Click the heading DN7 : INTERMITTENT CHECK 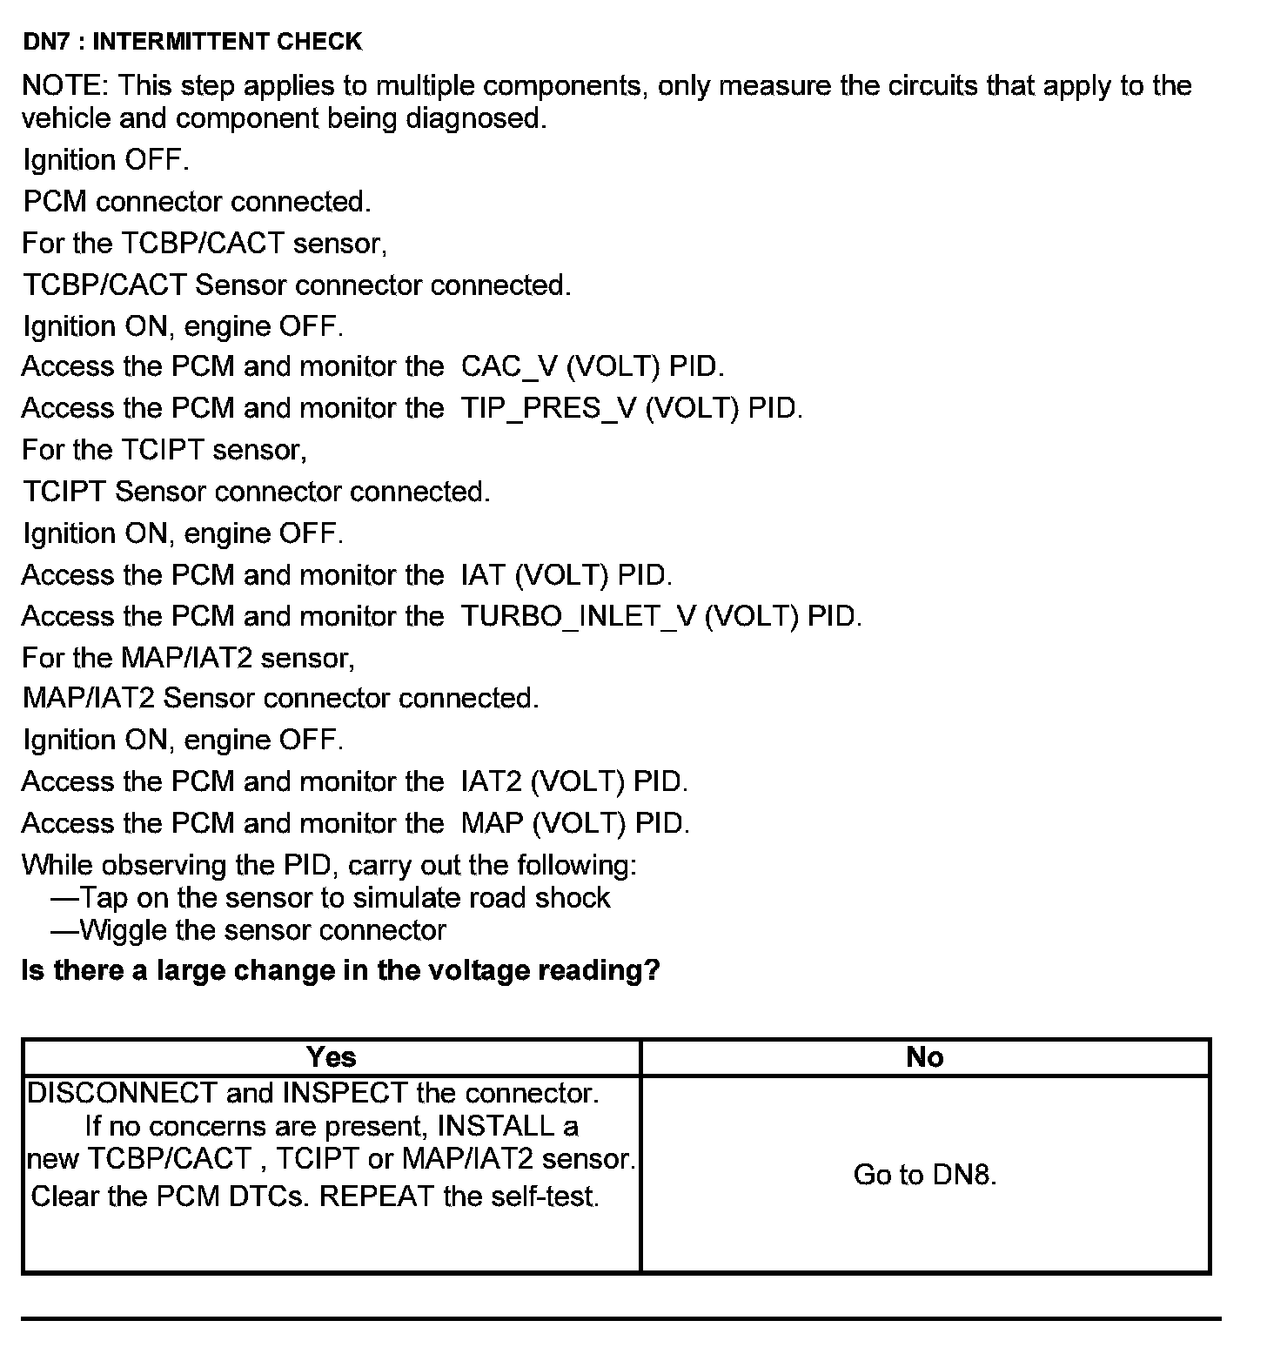click(191, 41)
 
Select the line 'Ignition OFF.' click(105, 160)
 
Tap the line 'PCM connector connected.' click(197, 202)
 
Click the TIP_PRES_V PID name click(549, 408)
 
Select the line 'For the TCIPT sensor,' click(164, 450)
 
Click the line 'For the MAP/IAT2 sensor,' click(188, 657)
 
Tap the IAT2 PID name click(491, 781)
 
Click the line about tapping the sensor click(331, 898)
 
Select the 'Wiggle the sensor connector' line click(249, 930)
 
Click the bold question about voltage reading click(340, 970)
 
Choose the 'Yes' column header click(331, 1057)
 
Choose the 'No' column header click(924, 1057)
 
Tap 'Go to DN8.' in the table click(924, 1175)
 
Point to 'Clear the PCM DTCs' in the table click(170, 1196)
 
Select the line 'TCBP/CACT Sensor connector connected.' click(297, 285)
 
